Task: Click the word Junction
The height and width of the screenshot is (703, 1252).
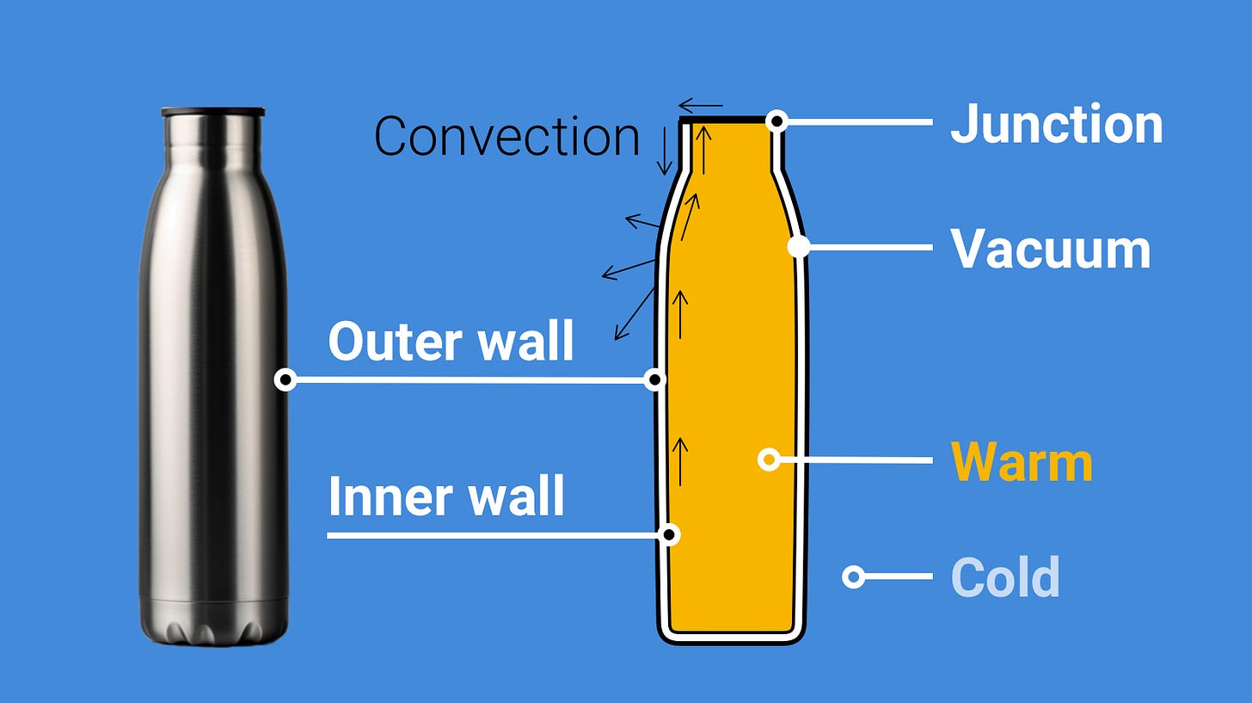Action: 1056,124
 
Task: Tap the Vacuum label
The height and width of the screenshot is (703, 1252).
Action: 1050,249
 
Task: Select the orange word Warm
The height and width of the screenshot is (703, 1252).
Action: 1022,462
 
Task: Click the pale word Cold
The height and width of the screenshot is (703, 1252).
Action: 1004,577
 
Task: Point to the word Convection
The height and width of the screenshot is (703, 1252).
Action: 506,136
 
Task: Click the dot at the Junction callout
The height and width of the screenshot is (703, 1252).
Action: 776,121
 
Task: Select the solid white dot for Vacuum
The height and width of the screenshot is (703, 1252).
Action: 798,247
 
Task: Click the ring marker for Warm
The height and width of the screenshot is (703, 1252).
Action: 769,459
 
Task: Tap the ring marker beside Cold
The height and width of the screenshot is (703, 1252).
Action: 853,577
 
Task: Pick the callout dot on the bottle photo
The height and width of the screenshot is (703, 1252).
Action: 285,379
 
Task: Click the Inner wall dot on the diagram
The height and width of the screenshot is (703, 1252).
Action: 669,534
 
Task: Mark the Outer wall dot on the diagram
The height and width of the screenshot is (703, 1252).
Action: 655,379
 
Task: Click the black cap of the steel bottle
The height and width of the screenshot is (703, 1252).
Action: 212,112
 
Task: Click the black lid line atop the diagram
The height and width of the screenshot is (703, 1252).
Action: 727,120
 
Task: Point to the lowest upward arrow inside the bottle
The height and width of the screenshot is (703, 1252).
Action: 680,460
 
